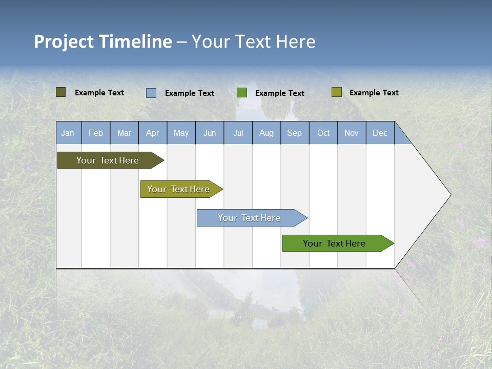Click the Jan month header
point(68,133)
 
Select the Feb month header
point(96,133)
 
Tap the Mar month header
point(124,133)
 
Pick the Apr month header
point(153,133)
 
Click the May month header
point(181,133)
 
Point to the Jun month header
point(210,133)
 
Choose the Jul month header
point(238,133)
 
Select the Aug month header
point(266,133)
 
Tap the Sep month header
point(295,133)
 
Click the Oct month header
point(323,133)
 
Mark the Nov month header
point(352,133)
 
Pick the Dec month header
point(380,133)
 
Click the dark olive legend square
point(61,92)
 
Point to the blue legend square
point(151,93)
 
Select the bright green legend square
point(242,92)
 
